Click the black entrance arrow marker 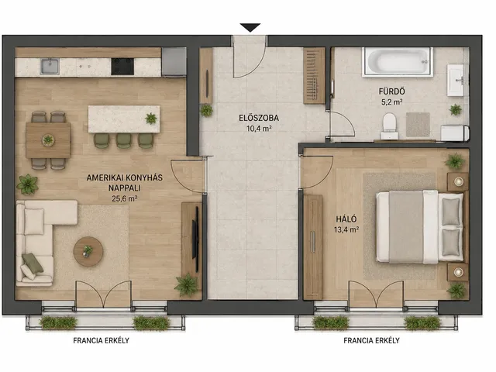click(x=250, y=28)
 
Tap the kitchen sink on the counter click(x=50, y=67)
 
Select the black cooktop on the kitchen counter click(x=122, y=67)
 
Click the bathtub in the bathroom click(x=398, y=62)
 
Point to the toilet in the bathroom click(x=389, y=126)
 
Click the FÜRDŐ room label click(x=391, y=91)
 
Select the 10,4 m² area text click(x=259, y=129)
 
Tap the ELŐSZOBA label click(x=259, y=118)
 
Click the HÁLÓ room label click(x=346, y=219)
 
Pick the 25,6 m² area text click(x=124, y=198)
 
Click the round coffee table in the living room click(x=88, y=251)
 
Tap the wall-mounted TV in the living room click(x=195, y=239)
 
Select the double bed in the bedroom click(x=420, y=226)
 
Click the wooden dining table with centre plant click(x=48, y=140)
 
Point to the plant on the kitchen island click(x=151, y=119)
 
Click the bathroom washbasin click(x=456, y=80)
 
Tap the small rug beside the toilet click(x=418, y=124)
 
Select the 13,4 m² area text click(x=346, y=229)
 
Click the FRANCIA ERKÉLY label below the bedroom click(x=371, y=341)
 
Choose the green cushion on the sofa click(x=33, y=263)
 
